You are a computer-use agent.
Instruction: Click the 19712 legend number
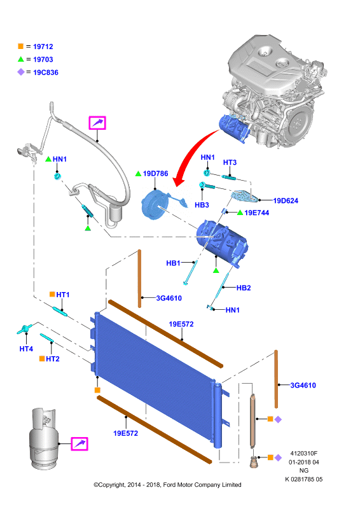pyautogui.click(x=43, y=46)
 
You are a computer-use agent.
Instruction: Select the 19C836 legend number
pyautogui.click(x=46, y=73)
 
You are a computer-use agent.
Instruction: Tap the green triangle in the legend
pyautogui.click(x=21, y=59)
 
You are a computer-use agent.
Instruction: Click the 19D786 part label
pyautogui.click(x=155, y=174)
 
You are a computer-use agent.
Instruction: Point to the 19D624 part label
pyautogui.click(x=286, y=200)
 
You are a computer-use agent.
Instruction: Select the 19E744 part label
pyautogui.click(x=257, y=213)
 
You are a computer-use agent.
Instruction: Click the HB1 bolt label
pyautogui.click(x=173, y=263)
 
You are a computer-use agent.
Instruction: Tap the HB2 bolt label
pyautogui.click(x=244, y=288)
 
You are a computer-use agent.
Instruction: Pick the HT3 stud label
pyautogui.click(x=230, y=162)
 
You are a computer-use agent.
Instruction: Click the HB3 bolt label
pyautogui.click(x=202, y=205)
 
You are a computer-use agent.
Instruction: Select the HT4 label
pyautogui.click(x=26, y=349)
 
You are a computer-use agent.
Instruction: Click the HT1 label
pyautogui.click(x=63, y=295)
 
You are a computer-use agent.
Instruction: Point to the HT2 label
pyautogui.click(x=53, y=359)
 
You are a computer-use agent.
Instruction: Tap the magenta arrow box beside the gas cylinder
pyautogui.click(x=80, y=443)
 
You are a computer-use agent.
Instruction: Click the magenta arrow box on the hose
pyautogui.click(x=97, y=123)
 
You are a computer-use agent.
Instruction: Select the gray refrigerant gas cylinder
pyautogui.click(x=44, y=438)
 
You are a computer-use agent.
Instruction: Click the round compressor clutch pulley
pyautogui.click(x=153, y=206)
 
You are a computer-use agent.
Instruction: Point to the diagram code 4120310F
pyautogui.click(x=303, y=454)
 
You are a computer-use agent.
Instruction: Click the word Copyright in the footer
pyautogui.click(x=111, y=485)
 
